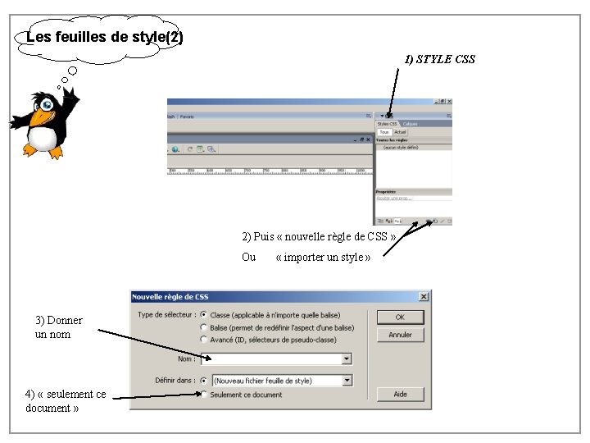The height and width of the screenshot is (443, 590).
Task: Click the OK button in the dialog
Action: coord(399,317)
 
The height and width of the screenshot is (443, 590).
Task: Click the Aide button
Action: coord(399,394)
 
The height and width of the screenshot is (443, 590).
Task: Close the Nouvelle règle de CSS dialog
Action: coord(424,296)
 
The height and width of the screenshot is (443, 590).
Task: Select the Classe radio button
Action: coord(203,315)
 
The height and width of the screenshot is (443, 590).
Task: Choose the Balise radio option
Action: coord(203,327)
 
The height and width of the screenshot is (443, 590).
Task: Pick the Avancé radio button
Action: coord(203,340)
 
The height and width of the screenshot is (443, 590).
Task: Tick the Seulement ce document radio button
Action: coord(203,395)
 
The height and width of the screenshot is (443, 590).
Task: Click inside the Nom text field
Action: coord(275,359)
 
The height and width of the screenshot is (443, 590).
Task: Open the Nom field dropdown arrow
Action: coord(347,359)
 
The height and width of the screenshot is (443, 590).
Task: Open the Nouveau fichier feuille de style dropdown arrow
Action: coord(347,381)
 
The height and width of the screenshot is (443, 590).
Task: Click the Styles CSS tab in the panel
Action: coord(387,124)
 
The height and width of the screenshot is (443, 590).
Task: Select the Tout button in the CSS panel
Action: coord(383,131)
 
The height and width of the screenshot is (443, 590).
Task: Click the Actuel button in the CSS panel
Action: coord(400,131)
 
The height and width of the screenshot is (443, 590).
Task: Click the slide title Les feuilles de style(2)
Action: coord(104,38)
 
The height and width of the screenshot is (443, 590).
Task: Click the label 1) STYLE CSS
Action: coord(439,59)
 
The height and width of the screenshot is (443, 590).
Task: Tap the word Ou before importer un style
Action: coord(248,258)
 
